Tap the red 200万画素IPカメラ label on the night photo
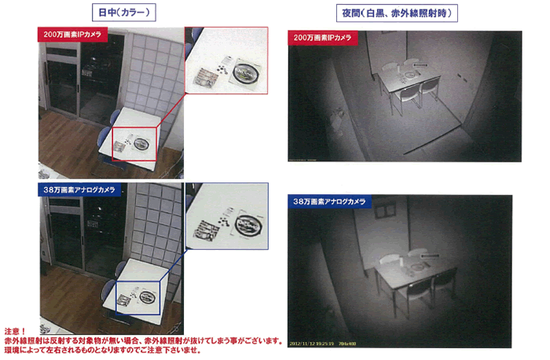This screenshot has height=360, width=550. [323, 37]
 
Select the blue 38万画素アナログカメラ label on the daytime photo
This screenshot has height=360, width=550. [75, 189]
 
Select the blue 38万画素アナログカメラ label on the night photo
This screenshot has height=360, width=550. [330, 202]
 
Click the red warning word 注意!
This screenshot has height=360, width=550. [15, 332]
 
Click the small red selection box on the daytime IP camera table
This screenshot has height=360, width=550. [134, 142]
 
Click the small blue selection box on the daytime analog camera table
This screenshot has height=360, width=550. [140, 298]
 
